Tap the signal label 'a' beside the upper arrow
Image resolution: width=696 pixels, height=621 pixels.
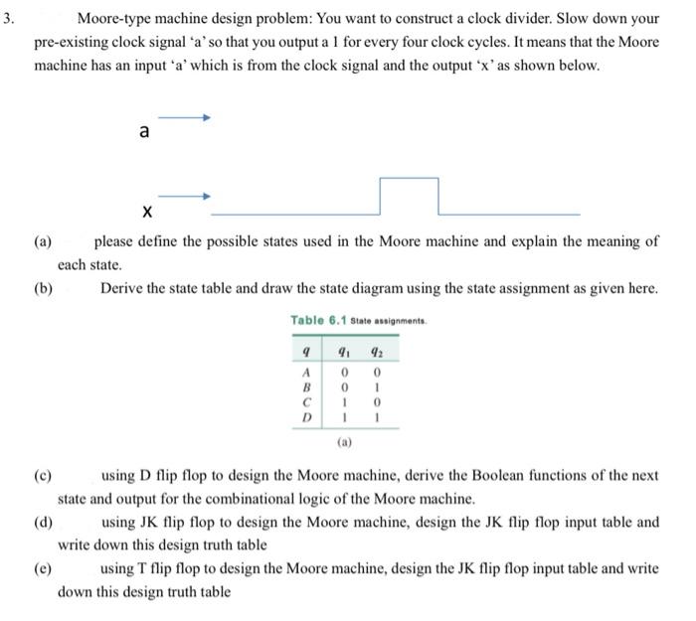[x=145, y=132]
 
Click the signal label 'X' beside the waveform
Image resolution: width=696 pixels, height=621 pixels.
[x=146, y=211]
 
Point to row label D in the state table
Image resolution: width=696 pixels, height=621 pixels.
[x=306, y=418]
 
